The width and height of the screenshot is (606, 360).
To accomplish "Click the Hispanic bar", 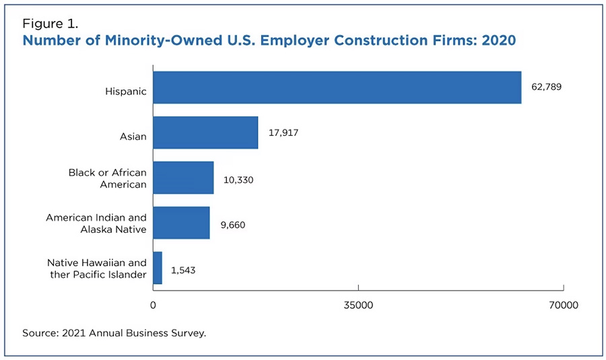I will point(337,87).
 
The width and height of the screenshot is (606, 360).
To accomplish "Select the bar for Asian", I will point(205,133).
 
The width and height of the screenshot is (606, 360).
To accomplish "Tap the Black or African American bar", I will point(183,178).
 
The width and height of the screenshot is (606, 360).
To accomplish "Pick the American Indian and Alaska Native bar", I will point(181,223).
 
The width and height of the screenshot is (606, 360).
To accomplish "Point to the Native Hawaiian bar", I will point(158,268).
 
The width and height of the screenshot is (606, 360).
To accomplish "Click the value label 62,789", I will point(546,87).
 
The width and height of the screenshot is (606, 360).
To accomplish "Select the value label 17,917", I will point(283,133).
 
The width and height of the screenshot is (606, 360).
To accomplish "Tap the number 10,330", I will point(238,180).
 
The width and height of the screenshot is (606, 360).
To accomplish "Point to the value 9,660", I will point(231,225).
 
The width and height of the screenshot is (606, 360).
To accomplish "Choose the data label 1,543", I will point(183,270).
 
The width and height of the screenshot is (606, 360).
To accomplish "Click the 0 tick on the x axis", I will point(153,305).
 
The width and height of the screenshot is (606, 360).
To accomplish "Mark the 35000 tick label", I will point(358,305).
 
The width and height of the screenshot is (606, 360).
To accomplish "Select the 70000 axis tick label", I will point(563,305).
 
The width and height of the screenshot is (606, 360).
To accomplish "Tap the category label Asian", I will point(133,137).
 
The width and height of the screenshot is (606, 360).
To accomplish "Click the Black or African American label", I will point(108,178).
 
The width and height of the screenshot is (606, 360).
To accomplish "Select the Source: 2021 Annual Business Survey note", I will point(114,333).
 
